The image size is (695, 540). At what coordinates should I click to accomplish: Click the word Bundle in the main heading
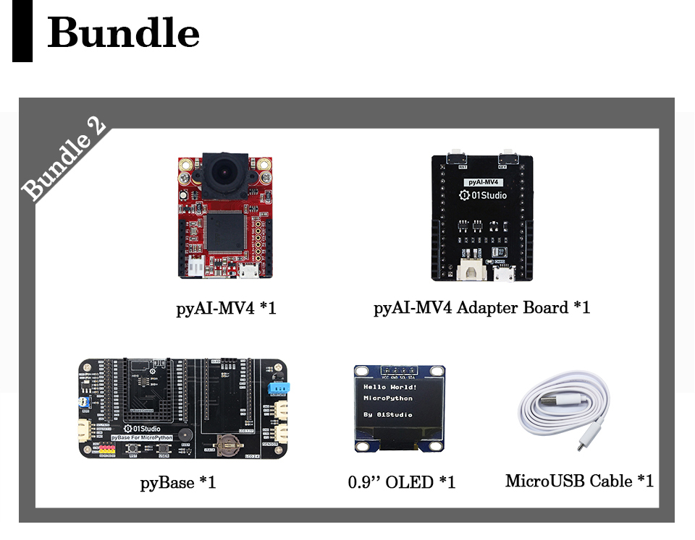click(123, 33)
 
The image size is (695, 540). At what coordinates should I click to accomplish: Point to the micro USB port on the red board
click(248, 273)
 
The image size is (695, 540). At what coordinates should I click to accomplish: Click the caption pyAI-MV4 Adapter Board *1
click(481, 308)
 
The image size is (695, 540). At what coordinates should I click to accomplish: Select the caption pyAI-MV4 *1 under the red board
click(226, 309)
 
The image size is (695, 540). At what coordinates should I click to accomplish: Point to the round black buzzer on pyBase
click(186, 433)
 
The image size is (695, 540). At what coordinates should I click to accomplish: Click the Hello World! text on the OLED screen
click(390, 387)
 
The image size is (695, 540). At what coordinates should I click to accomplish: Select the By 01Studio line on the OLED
click(388, 415)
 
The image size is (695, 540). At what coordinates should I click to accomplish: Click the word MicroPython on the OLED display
click(388, 398)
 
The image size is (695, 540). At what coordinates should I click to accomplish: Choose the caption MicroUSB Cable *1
click(579, 481)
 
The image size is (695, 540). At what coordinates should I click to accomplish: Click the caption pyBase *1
click(177, 481)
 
